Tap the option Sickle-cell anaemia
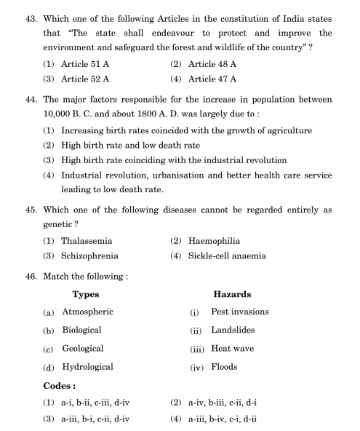point(232,256)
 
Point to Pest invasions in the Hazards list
point(239,312)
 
